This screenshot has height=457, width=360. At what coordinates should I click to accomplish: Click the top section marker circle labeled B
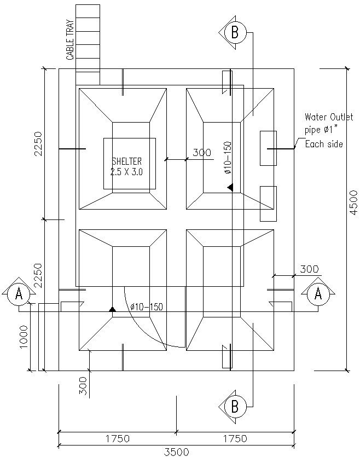pyautogui.click(x=235, y=32)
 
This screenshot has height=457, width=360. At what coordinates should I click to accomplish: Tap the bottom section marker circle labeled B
pyautogui.click(x=235, y=407)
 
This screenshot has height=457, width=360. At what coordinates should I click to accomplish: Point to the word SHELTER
pyautogui.click(x=126, y=161)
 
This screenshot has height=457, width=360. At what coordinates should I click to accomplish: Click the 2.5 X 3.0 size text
pyautogui.click(x=126, y=172)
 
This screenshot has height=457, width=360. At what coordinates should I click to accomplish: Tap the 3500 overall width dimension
pyautogui.click(x=176, y=452)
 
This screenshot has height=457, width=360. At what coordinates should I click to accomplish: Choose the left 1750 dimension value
pyautogui.click(x=117, y=438)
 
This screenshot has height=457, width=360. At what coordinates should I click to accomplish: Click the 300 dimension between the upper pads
pyautogui.click(x=202, y=153)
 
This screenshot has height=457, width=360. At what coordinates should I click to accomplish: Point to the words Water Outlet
pyautogui.click(x=328, y=117)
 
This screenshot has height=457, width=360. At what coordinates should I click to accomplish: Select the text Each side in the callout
pyautogui.click(x=324, y=144)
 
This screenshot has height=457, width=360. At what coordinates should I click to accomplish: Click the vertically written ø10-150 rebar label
pyautogui.click(x=228, y=158)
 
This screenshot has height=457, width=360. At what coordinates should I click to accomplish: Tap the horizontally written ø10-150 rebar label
pyautogui.click(x=147, y=306)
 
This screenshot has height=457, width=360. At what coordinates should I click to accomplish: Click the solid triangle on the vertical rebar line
pyautogui.click(x=231, y=188)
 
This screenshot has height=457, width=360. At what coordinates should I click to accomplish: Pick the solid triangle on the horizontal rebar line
pyautogui.click(x=112, y=309)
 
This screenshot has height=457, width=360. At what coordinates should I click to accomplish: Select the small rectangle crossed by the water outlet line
pyautogui.click(x=268, y=148)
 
